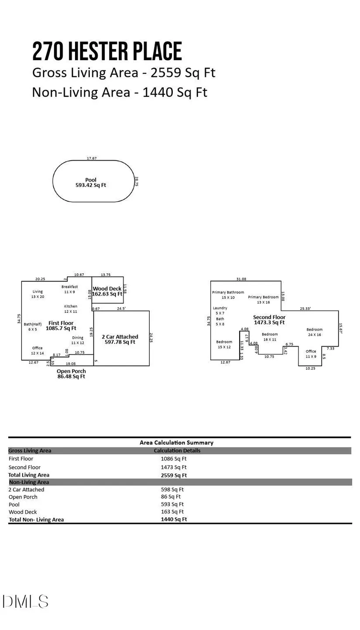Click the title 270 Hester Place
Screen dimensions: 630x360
point(107,52)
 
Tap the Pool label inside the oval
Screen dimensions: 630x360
point(91,180)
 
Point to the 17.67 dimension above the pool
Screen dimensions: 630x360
point(92,158)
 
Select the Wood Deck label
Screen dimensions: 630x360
point(107,289)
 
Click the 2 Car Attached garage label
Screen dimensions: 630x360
point(120,337)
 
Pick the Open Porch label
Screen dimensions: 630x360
point(71,371)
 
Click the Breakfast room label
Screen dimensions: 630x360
point(69,287)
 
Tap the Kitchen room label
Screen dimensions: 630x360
point(71,306)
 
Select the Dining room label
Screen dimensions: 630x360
point(78,337)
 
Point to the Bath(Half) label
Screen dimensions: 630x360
point(33,324)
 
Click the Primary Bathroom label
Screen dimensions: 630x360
point(228,293)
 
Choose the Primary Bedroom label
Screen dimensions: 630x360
point(263,297)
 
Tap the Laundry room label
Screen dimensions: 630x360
point(220,308)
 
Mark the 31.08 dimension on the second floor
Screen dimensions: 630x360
point(241,279)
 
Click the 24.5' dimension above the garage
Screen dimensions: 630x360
point(121,309)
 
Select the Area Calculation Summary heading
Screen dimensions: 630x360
point(176,442)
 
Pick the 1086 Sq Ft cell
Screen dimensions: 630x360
point(174,459)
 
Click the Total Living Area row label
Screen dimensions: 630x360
point(29,475)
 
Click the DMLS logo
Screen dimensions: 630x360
point(25,602)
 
